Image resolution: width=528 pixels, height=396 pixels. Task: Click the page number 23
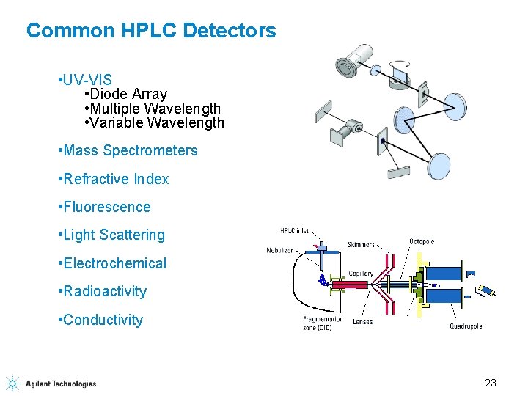point(491,383)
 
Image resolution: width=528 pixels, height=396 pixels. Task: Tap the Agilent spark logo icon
point(12,383)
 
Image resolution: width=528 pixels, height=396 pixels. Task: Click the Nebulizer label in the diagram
point(280,250)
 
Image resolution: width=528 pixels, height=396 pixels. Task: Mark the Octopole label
point(422,241)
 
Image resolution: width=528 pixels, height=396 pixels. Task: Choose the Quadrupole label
point(466,326)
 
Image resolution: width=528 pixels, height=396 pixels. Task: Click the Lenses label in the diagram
point(362,322)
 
